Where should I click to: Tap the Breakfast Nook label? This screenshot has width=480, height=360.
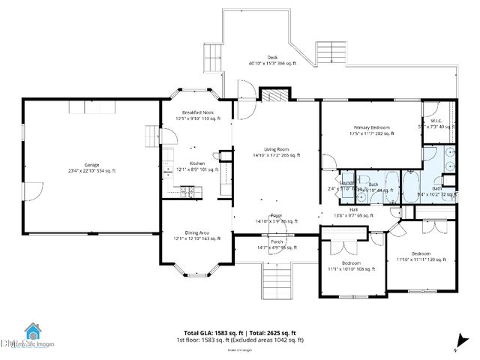click(197, 115)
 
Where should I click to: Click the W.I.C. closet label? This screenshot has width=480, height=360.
click(436, 122)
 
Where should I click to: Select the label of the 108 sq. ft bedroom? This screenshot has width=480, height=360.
click(352, 265)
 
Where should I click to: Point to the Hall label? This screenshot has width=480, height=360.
click(352, 211)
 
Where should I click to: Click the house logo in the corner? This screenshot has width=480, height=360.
click(33, 331)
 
